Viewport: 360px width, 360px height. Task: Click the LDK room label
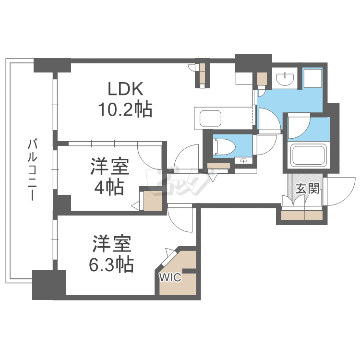[125, 89]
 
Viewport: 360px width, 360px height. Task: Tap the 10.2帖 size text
[125, 110]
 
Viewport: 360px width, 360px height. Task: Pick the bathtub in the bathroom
[309, 155]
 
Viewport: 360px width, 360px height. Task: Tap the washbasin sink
[286, 78]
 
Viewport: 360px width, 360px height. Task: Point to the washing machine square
[313, 78]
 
